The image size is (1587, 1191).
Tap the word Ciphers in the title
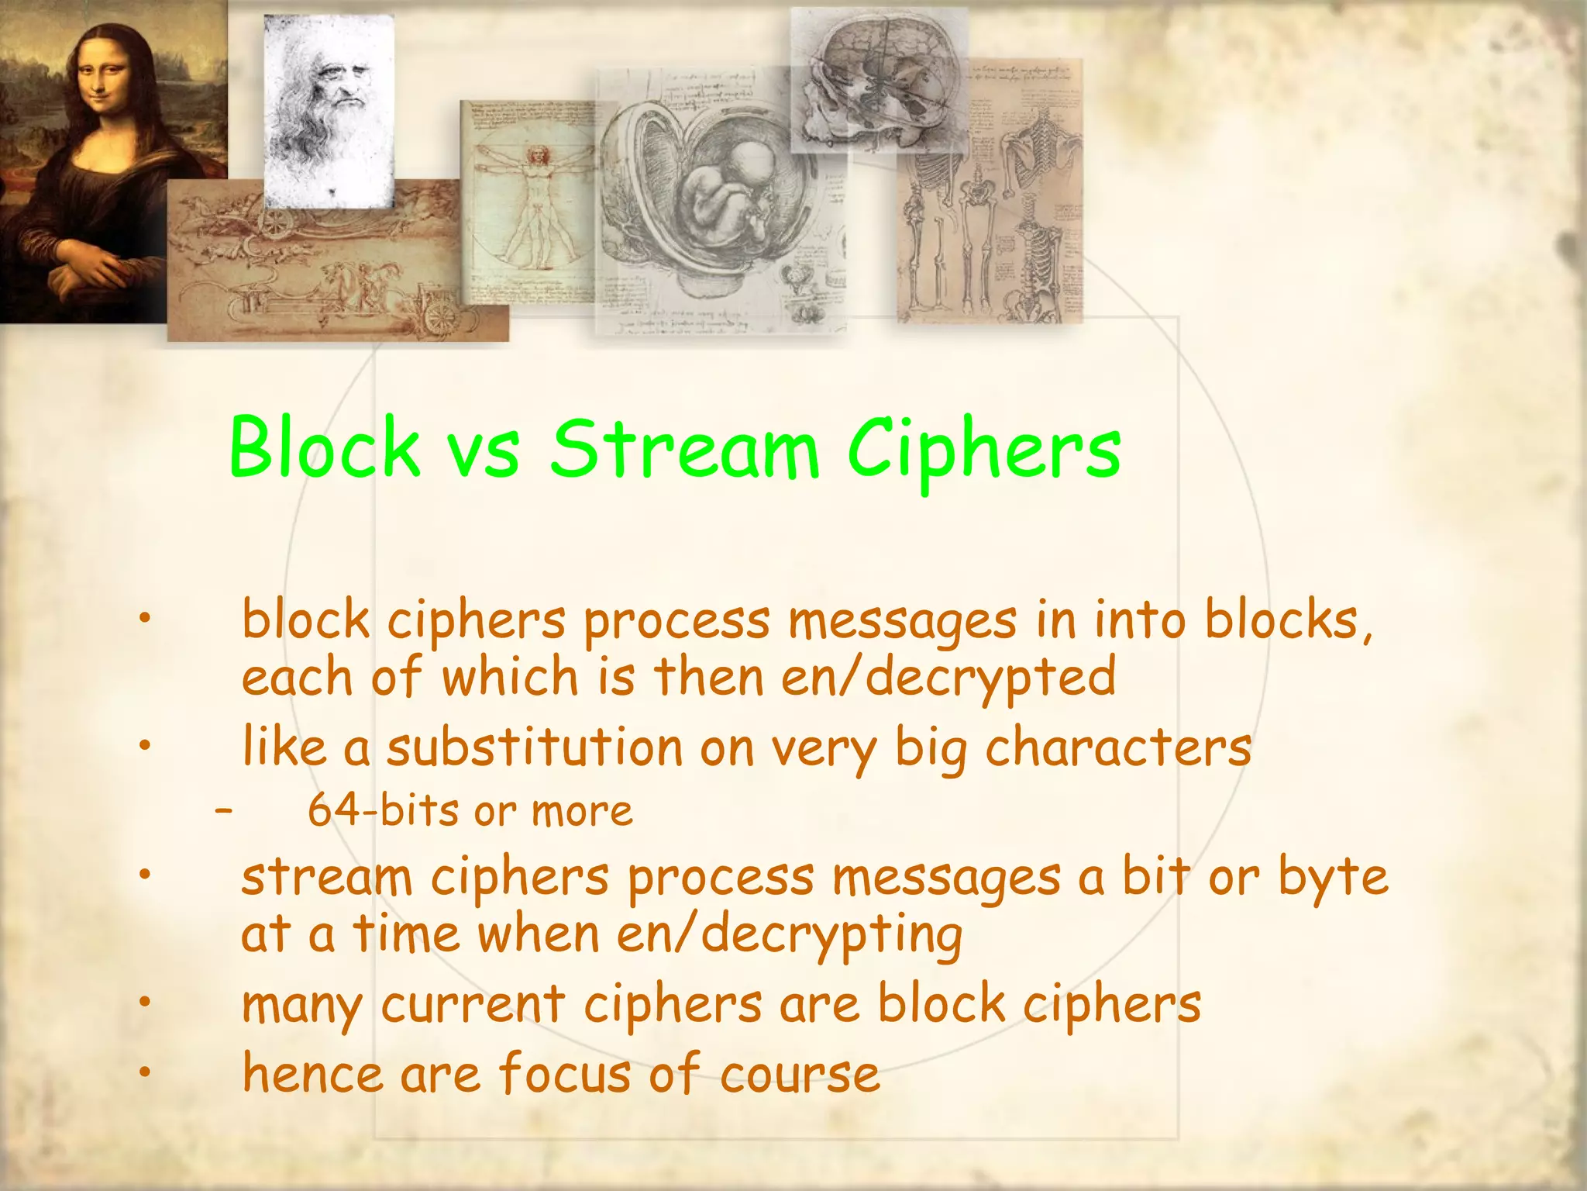click(x=983, y=450)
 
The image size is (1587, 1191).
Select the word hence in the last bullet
click(x=312, y=1074)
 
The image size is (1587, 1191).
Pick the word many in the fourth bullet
click(x=301, y=1006)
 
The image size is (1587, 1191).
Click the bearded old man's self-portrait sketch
click(x=329, y=109)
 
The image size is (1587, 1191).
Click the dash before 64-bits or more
click(x=224, y=811)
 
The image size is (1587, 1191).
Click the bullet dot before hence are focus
click(x=143, y=1072)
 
